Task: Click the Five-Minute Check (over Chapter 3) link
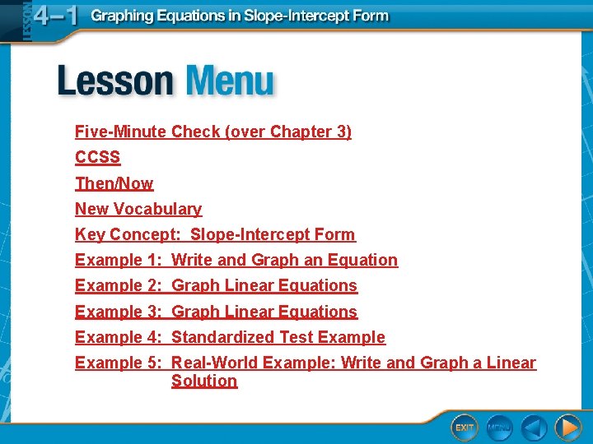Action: point(212,132)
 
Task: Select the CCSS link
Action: point(97,157)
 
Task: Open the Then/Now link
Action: point(114,183)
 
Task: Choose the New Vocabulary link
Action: point(138,209)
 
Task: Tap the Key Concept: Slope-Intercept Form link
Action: point(215,234)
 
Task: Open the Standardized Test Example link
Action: point(278,337)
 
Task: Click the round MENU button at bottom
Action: point(499,428)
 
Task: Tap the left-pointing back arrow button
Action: point(534,428)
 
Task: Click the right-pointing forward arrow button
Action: point(567,428)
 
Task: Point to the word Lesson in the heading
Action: point(115,82)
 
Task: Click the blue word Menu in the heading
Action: point(230,82)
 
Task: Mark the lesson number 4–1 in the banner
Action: point(56,17)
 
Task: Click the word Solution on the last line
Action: point(203,381)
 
